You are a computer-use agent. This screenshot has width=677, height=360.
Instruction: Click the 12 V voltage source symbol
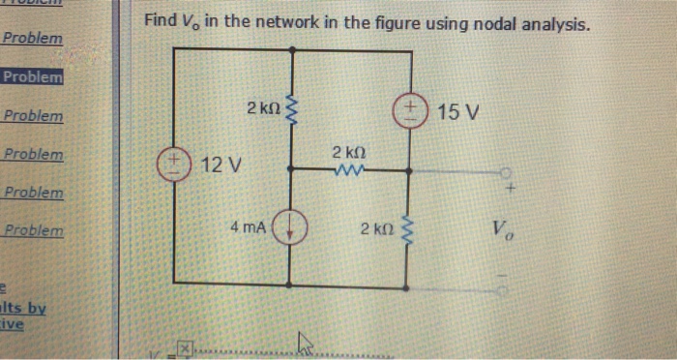tap(175, 161)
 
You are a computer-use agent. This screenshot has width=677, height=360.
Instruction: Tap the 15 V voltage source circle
tap(410, 110)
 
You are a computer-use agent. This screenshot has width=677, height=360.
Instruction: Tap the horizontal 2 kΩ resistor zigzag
tap(345, 171)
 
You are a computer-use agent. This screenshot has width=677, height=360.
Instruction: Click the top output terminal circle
tap(505, 171)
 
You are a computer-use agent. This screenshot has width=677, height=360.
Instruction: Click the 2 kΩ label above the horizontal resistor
tap(348, 153)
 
